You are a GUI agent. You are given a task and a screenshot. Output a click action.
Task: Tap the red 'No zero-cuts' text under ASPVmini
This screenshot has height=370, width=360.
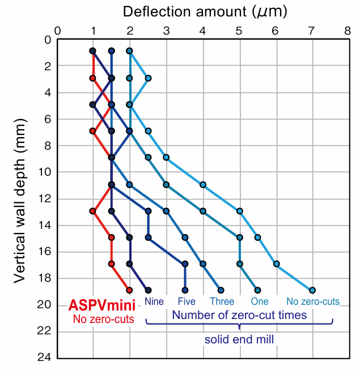click(103, 319)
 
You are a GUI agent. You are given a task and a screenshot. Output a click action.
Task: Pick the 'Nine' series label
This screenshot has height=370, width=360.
click(154, 301)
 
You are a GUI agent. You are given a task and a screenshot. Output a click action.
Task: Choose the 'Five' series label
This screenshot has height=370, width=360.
click(187, 301)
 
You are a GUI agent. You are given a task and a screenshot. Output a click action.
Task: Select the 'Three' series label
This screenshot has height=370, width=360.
click(222, 301)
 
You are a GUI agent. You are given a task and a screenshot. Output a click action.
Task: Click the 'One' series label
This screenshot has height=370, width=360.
click(260, 301)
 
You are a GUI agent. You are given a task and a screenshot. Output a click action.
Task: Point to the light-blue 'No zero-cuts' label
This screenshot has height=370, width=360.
click(313, 301)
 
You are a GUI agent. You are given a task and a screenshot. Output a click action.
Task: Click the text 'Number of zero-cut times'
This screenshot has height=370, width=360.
click(239, 314)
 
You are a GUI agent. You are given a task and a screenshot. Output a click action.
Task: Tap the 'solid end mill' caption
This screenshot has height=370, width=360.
click(239, 339)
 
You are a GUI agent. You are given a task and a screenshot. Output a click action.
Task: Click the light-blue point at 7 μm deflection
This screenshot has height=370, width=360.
click(312, 290)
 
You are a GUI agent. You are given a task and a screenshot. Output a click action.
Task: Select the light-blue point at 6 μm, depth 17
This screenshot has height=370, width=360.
click(276, 263)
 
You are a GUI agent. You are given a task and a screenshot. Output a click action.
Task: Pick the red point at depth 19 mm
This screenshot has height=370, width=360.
click(129, 290)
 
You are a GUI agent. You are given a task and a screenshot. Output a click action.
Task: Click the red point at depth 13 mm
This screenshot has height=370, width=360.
click(93, 211)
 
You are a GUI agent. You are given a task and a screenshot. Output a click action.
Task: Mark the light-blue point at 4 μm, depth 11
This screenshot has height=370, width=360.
click(202, 185)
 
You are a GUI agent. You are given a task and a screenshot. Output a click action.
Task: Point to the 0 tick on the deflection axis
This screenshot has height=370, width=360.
click(57, 29)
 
